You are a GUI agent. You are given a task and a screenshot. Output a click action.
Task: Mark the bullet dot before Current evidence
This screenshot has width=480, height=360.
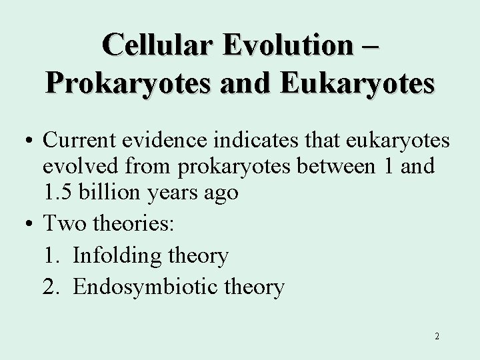coord(32,143)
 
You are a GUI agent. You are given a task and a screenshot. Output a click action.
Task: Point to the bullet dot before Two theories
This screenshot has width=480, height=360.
coord(32,224)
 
